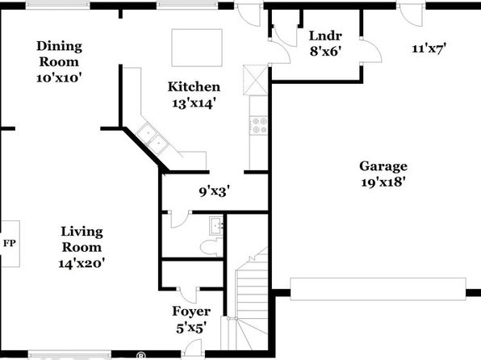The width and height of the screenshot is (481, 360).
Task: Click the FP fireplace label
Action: [10, 244]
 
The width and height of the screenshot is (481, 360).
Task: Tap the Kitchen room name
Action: [194, 86]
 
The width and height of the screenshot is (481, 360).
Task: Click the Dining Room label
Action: [59, 54]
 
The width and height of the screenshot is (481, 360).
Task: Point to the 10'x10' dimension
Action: [59, 77]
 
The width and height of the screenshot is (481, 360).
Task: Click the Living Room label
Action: [82, 239]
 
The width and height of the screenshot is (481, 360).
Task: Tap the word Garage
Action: [383, 166]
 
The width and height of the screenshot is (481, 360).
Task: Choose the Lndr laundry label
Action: [325, 36]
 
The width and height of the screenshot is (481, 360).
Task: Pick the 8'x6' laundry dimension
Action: [325, 51]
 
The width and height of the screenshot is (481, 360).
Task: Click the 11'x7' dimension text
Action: [429, 48]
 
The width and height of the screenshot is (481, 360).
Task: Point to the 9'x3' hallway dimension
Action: [215, 192]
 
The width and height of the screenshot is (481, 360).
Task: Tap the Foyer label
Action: [191, 312]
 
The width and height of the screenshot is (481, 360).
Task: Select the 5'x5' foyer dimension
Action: [190, 329]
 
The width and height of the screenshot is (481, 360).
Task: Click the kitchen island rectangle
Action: [197, 48]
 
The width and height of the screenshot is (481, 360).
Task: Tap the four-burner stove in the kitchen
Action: [258, 126]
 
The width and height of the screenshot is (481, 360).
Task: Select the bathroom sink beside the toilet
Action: [217, 226]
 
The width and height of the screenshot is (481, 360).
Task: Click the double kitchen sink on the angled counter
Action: [153, 139]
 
